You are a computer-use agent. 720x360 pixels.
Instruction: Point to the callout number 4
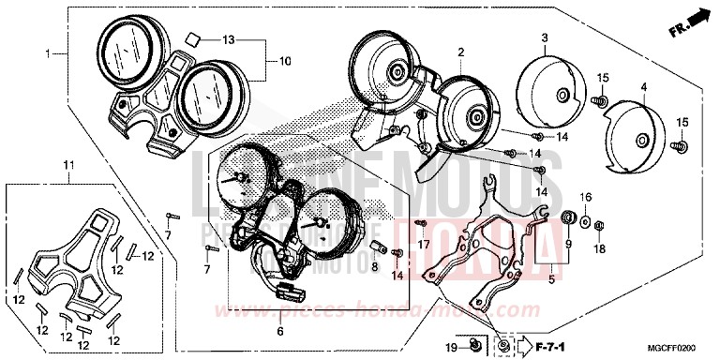pos(643,87)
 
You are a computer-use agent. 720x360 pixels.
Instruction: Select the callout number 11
pos(67,166)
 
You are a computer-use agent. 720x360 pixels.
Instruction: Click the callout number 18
pos(599,249)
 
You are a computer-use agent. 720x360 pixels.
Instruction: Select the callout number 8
pos(375,266)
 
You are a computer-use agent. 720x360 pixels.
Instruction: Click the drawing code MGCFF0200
pos(676,348)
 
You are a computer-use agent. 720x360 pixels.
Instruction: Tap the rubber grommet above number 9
pos(567,218)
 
